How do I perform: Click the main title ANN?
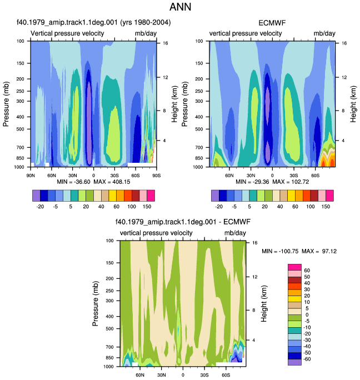pyautogui.click(x=180, y=7)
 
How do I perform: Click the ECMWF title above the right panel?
pyautogui.click(x=272, y=23)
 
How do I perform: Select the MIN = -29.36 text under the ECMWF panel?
pyautogui.click(x=252, y=182)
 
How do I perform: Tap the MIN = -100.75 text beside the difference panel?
pyautogui.click(x=280, y=251)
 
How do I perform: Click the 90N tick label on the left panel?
pyautogui.click(x=31, y=176)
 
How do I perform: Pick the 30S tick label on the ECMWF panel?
pyautogui.click(x=293, y=176)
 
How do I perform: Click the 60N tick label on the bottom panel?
pyautogui.click(x=140, y=375)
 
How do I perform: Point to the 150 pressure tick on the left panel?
pyautogui.click(x=21, y=63)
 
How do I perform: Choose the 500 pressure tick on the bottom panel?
pyautogui.click(x=109, y=329)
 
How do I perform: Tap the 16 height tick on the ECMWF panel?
pyautogui.click(x=344, y=43)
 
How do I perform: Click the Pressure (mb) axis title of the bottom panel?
pyautogui.click(x=95, y=304)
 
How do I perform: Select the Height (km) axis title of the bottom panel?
pyautogui.click(x=264, y=304)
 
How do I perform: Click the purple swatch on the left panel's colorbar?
pyautogui.click(x=36, y=196)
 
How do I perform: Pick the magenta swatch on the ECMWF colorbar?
pyautogui.click(x=329, y=196)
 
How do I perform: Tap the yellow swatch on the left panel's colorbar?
pyautogui.click(x=112, y=196)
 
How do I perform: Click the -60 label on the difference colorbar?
pyautogui.click(x=307, y=359)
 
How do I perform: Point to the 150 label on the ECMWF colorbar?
pyautogui.click(x=326, y=207)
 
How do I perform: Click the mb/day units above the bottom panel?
pyautogui.click(x=235, y=233)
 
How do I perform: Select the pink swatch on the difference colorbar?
pyautogui.click(x=294, y=273)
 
